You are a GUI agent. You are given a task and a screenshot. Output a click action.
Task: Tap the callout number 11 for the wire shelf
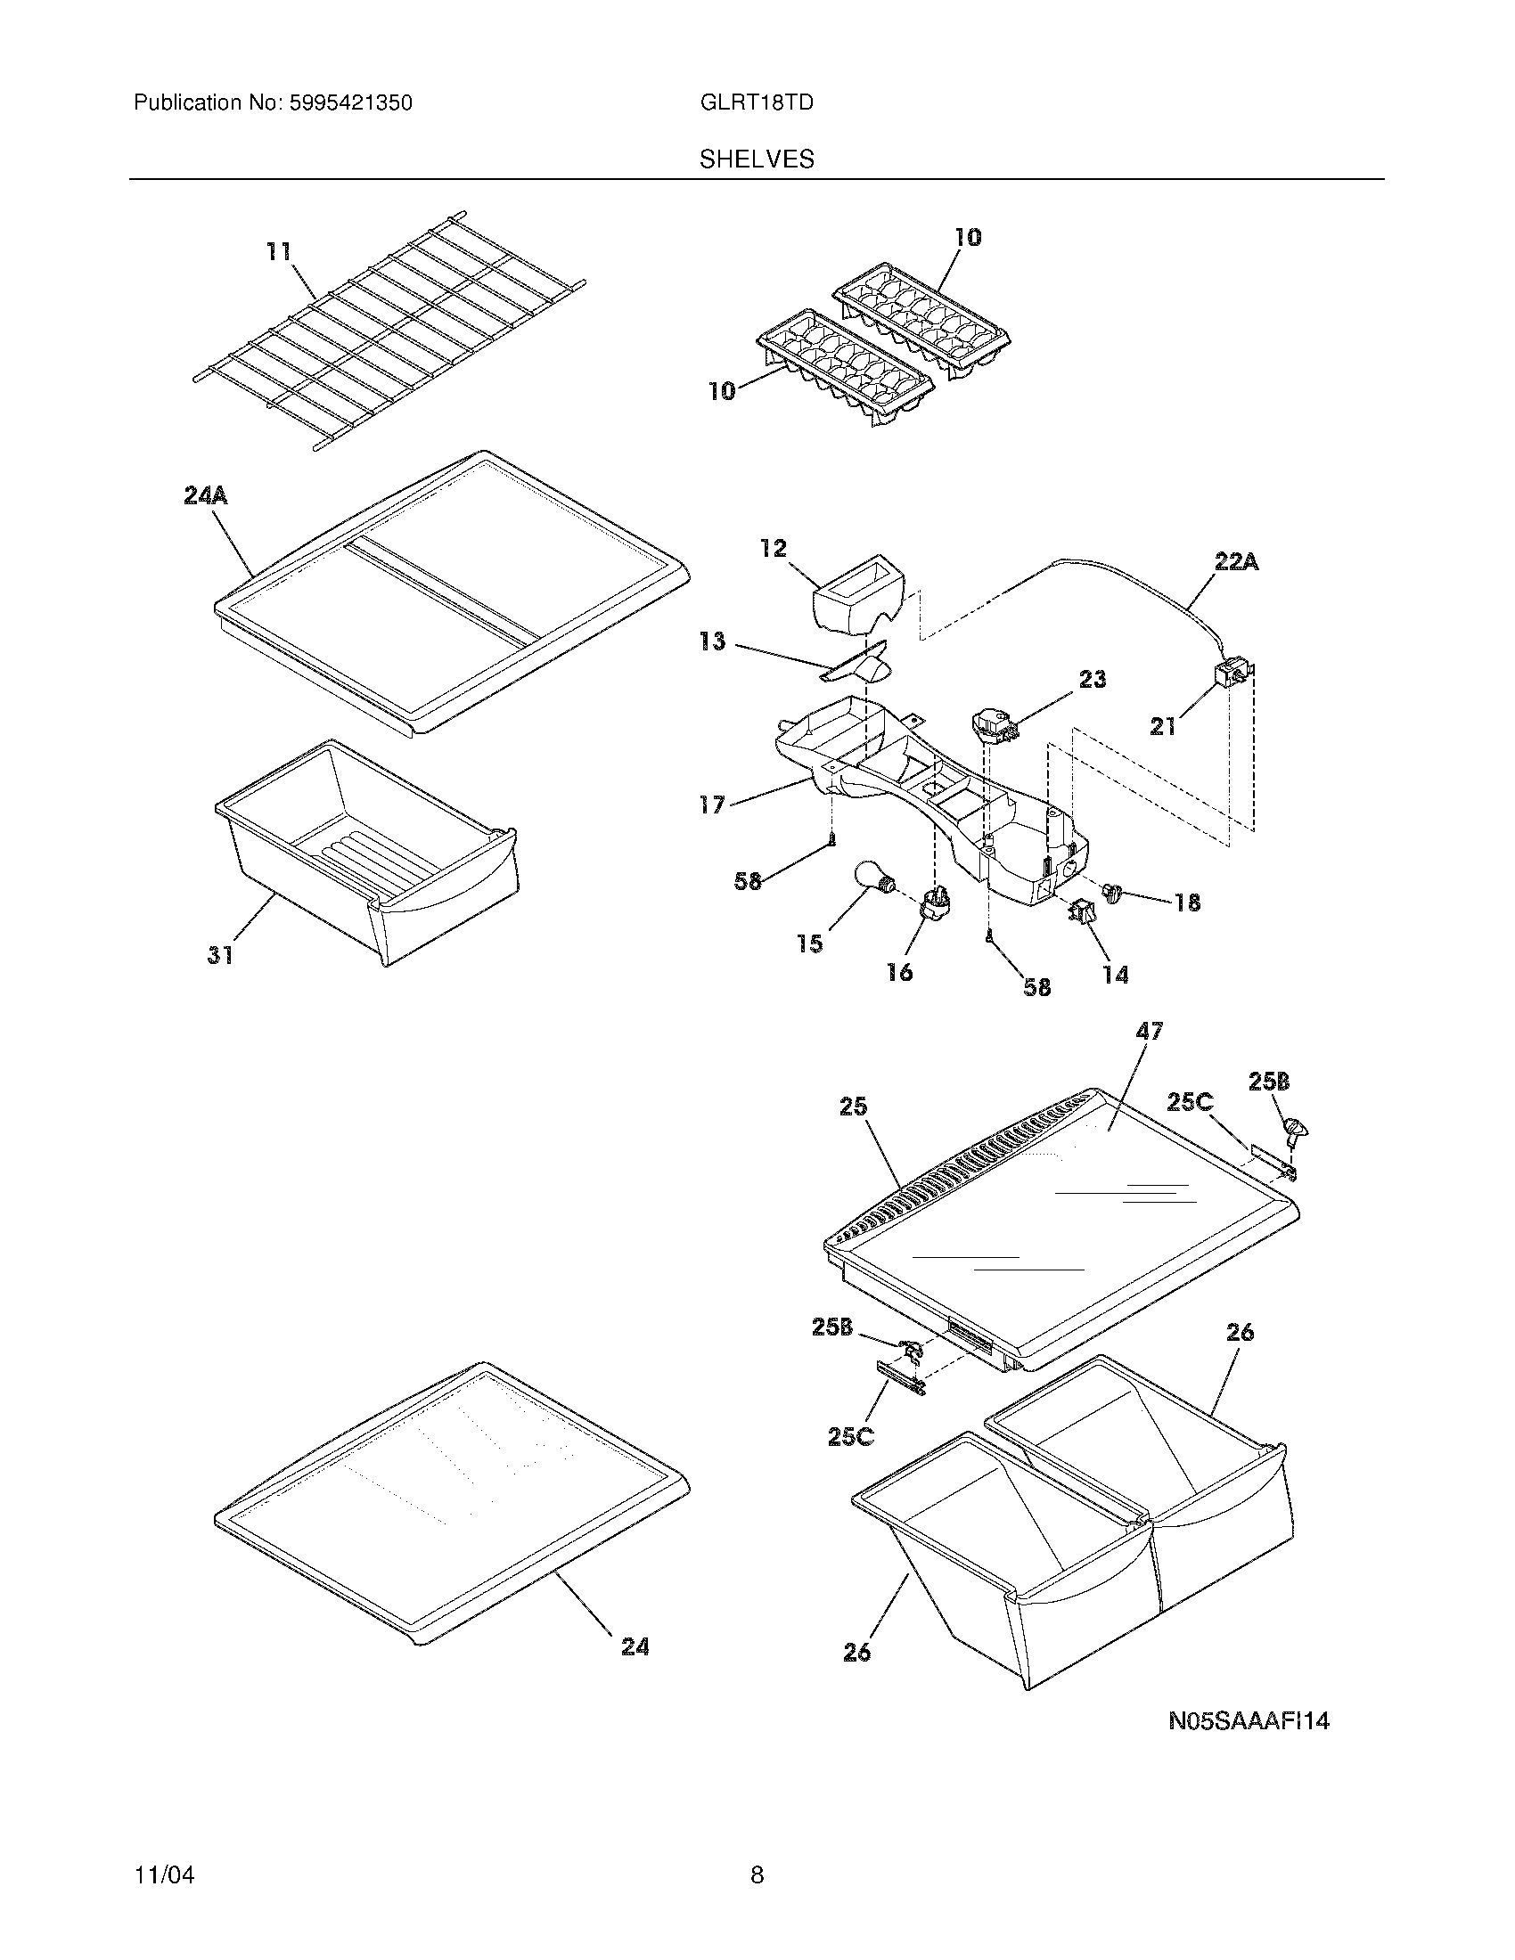point(279,251)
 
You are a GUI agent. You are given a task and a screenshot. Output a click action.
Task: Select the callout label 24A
point(206,495)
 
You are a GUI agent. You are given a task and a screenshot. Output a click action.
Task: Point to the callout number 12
point(773,548)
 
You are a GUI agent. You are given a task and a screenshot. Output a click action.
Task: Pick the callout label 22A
point(1236,563)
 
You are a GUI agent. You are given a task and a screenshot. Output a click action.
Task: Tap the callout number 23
point(1093,680)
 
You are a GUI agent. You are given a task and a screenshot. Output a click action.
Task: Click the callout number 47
point(1149,1032)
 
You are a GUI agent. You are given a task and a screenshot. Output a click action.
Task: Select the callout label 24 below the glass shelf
point(635,1646)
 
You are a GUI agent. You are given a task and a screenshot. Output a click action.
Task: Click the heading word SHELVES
point(757,159)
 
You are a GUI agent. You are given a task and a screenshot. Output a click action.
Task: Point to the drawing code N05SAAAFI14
point(1249,1720)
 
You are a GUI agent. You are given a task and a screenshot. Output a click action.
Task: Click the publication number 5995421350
point(350,102)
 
